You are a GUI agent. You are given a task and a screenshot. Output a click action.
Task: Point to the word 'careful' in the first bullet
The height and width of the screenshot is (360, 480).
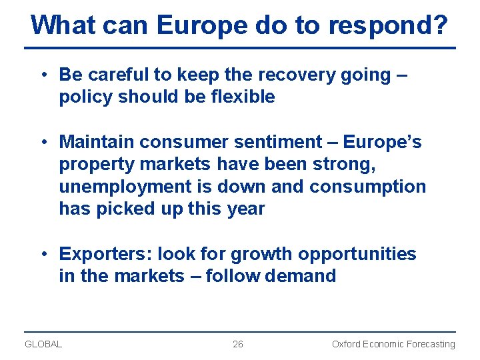(119, 75)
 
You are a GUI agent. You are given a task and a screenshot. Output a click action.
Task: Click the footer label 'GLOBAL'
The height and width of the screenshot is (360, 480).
(43, 344)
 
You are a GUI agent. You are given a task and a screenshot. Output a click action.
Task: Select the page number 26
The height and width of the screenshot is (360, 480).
(238, 344)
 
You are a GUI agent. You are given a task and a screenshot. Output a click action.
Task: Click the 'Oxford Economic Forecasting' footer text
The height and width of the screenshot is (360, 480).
(393, 344)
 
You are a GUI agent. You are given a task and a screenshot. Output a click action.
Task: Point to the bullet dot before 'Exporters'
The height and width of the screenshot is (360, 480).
(43, 254)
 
